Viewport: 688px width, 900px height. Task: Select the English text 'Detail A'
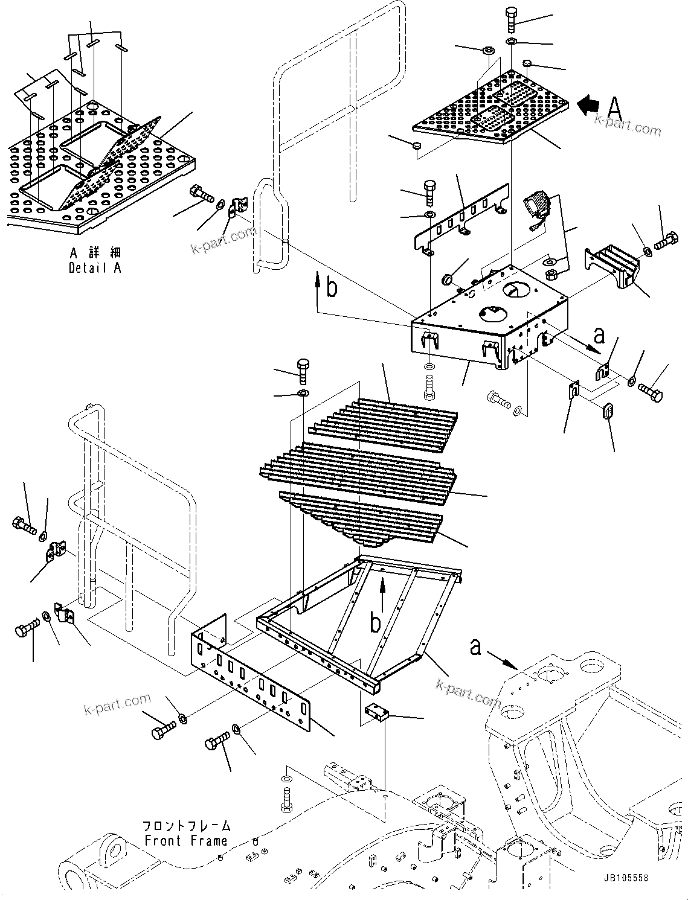coord(95,268)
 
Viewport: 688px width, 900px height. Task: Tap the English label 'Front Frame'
coord(185,840)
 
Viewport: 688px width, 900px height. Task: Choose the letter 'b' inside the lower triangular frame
coord(376,622)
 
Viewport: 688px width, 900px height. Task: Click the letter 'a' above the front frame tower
coord(476,648)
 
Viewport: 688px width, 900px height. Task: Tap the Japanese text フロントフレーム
coord(185,826)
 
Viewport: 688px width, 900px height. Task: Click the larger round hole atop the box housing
coord(517,289)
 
